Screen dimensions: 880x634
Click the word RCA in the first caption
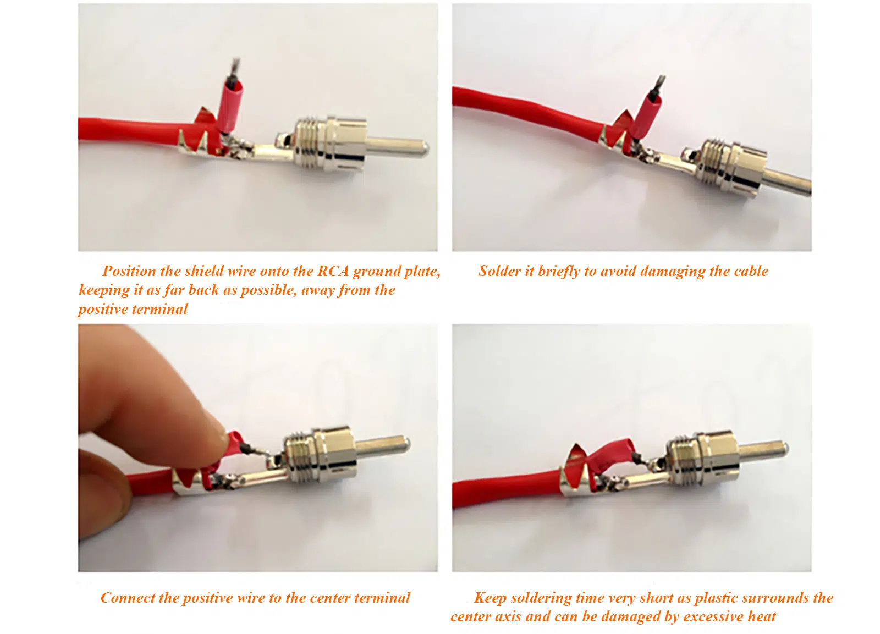pos(333,271)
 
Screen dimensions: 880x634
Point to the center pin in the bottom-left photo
pos(383,445)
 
